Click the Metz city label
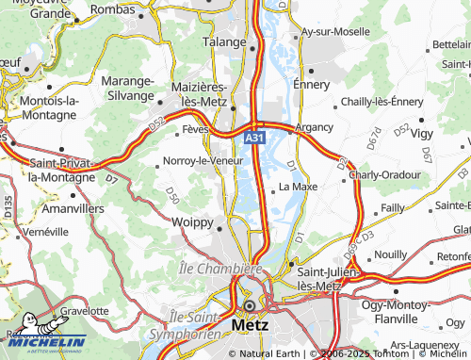point(249,325)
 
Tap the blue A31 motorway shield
point(254,138)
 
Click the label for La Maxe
point(298,187)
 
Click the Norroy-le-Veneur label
point(203,160)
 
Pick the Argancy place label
point(314,126)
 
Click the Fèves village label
point(195,128)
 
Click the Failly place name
point(392,206)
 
